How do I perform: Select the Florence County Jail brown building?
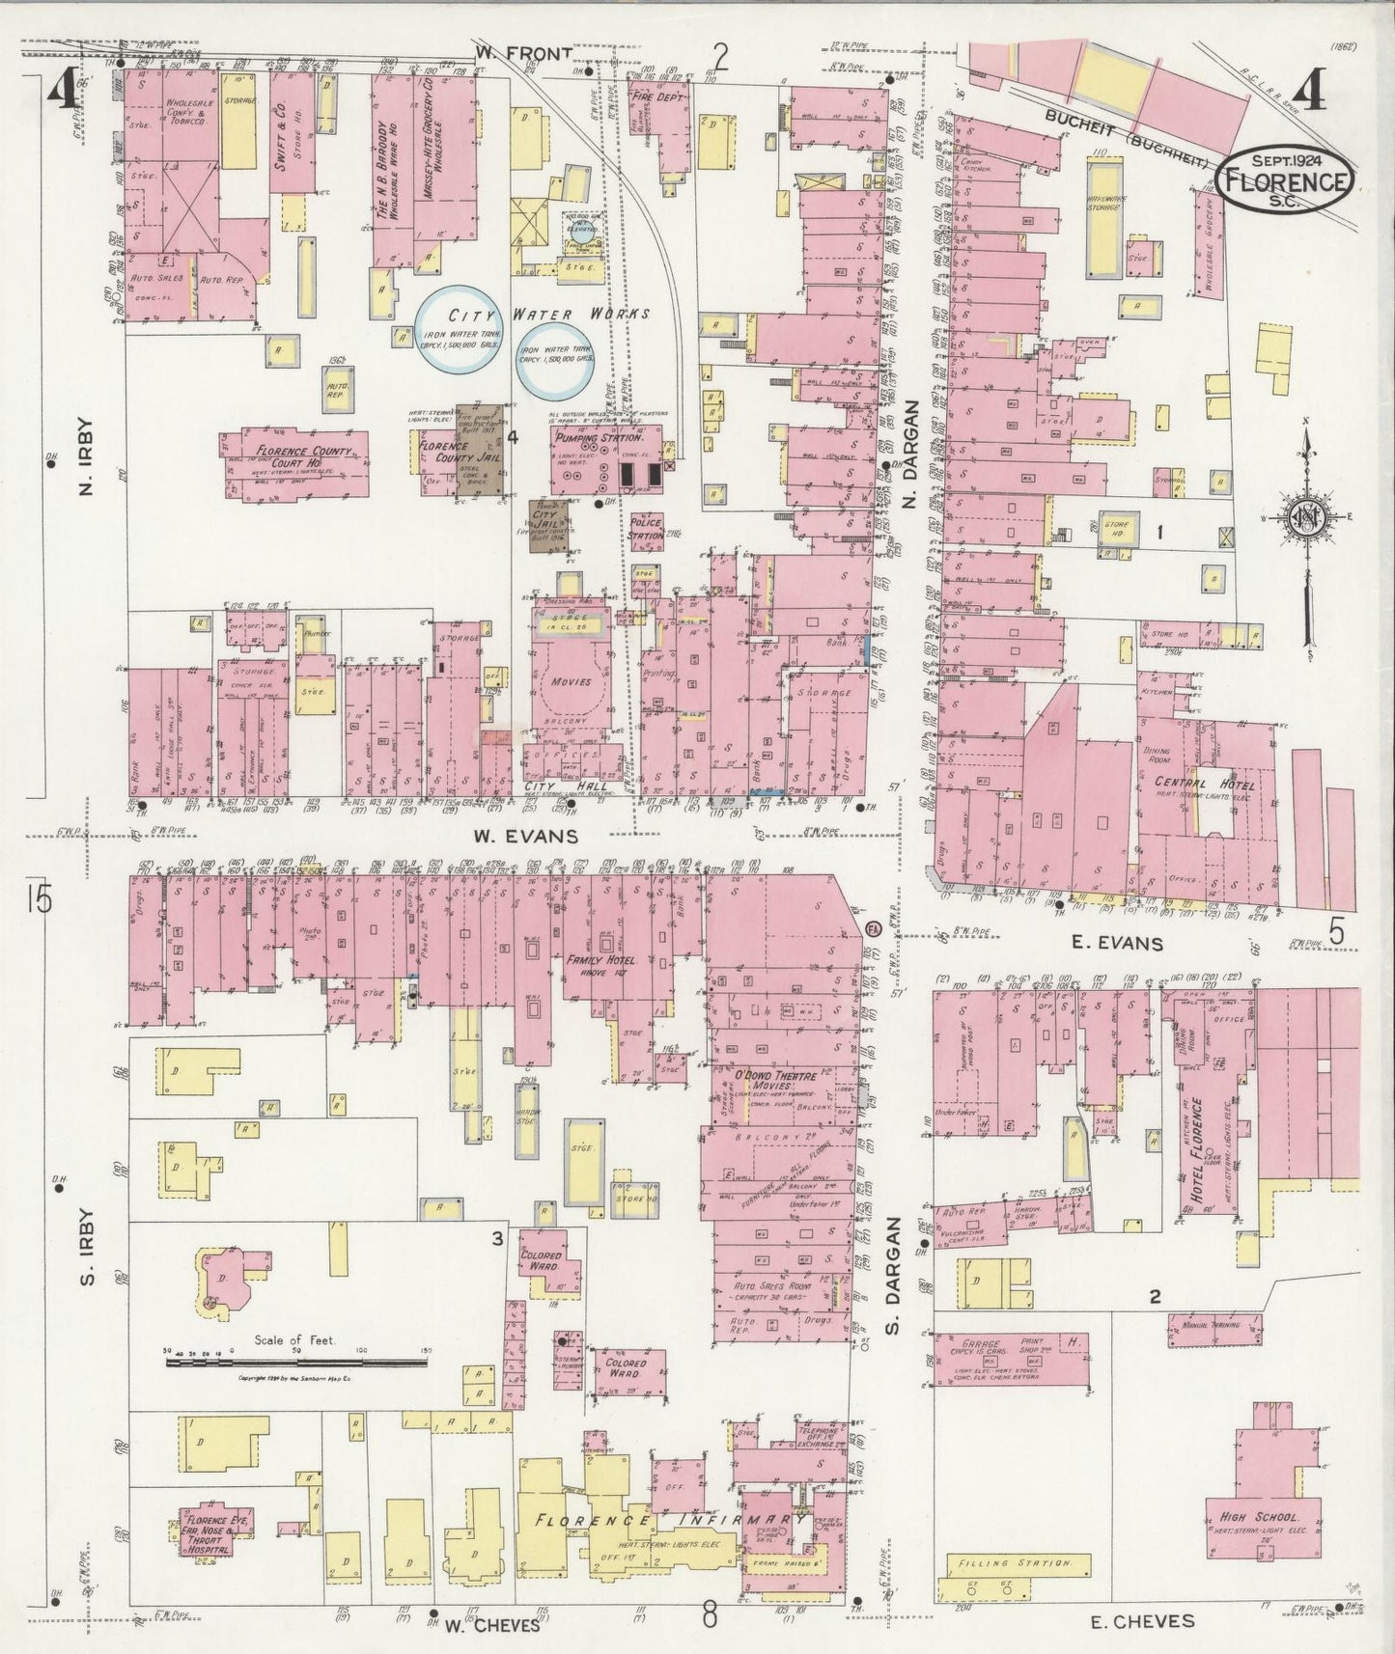coord(480,451)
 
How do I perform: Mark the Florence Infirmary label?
coord(666,1521)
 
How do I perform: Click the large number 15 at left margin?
coord(40,899)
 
